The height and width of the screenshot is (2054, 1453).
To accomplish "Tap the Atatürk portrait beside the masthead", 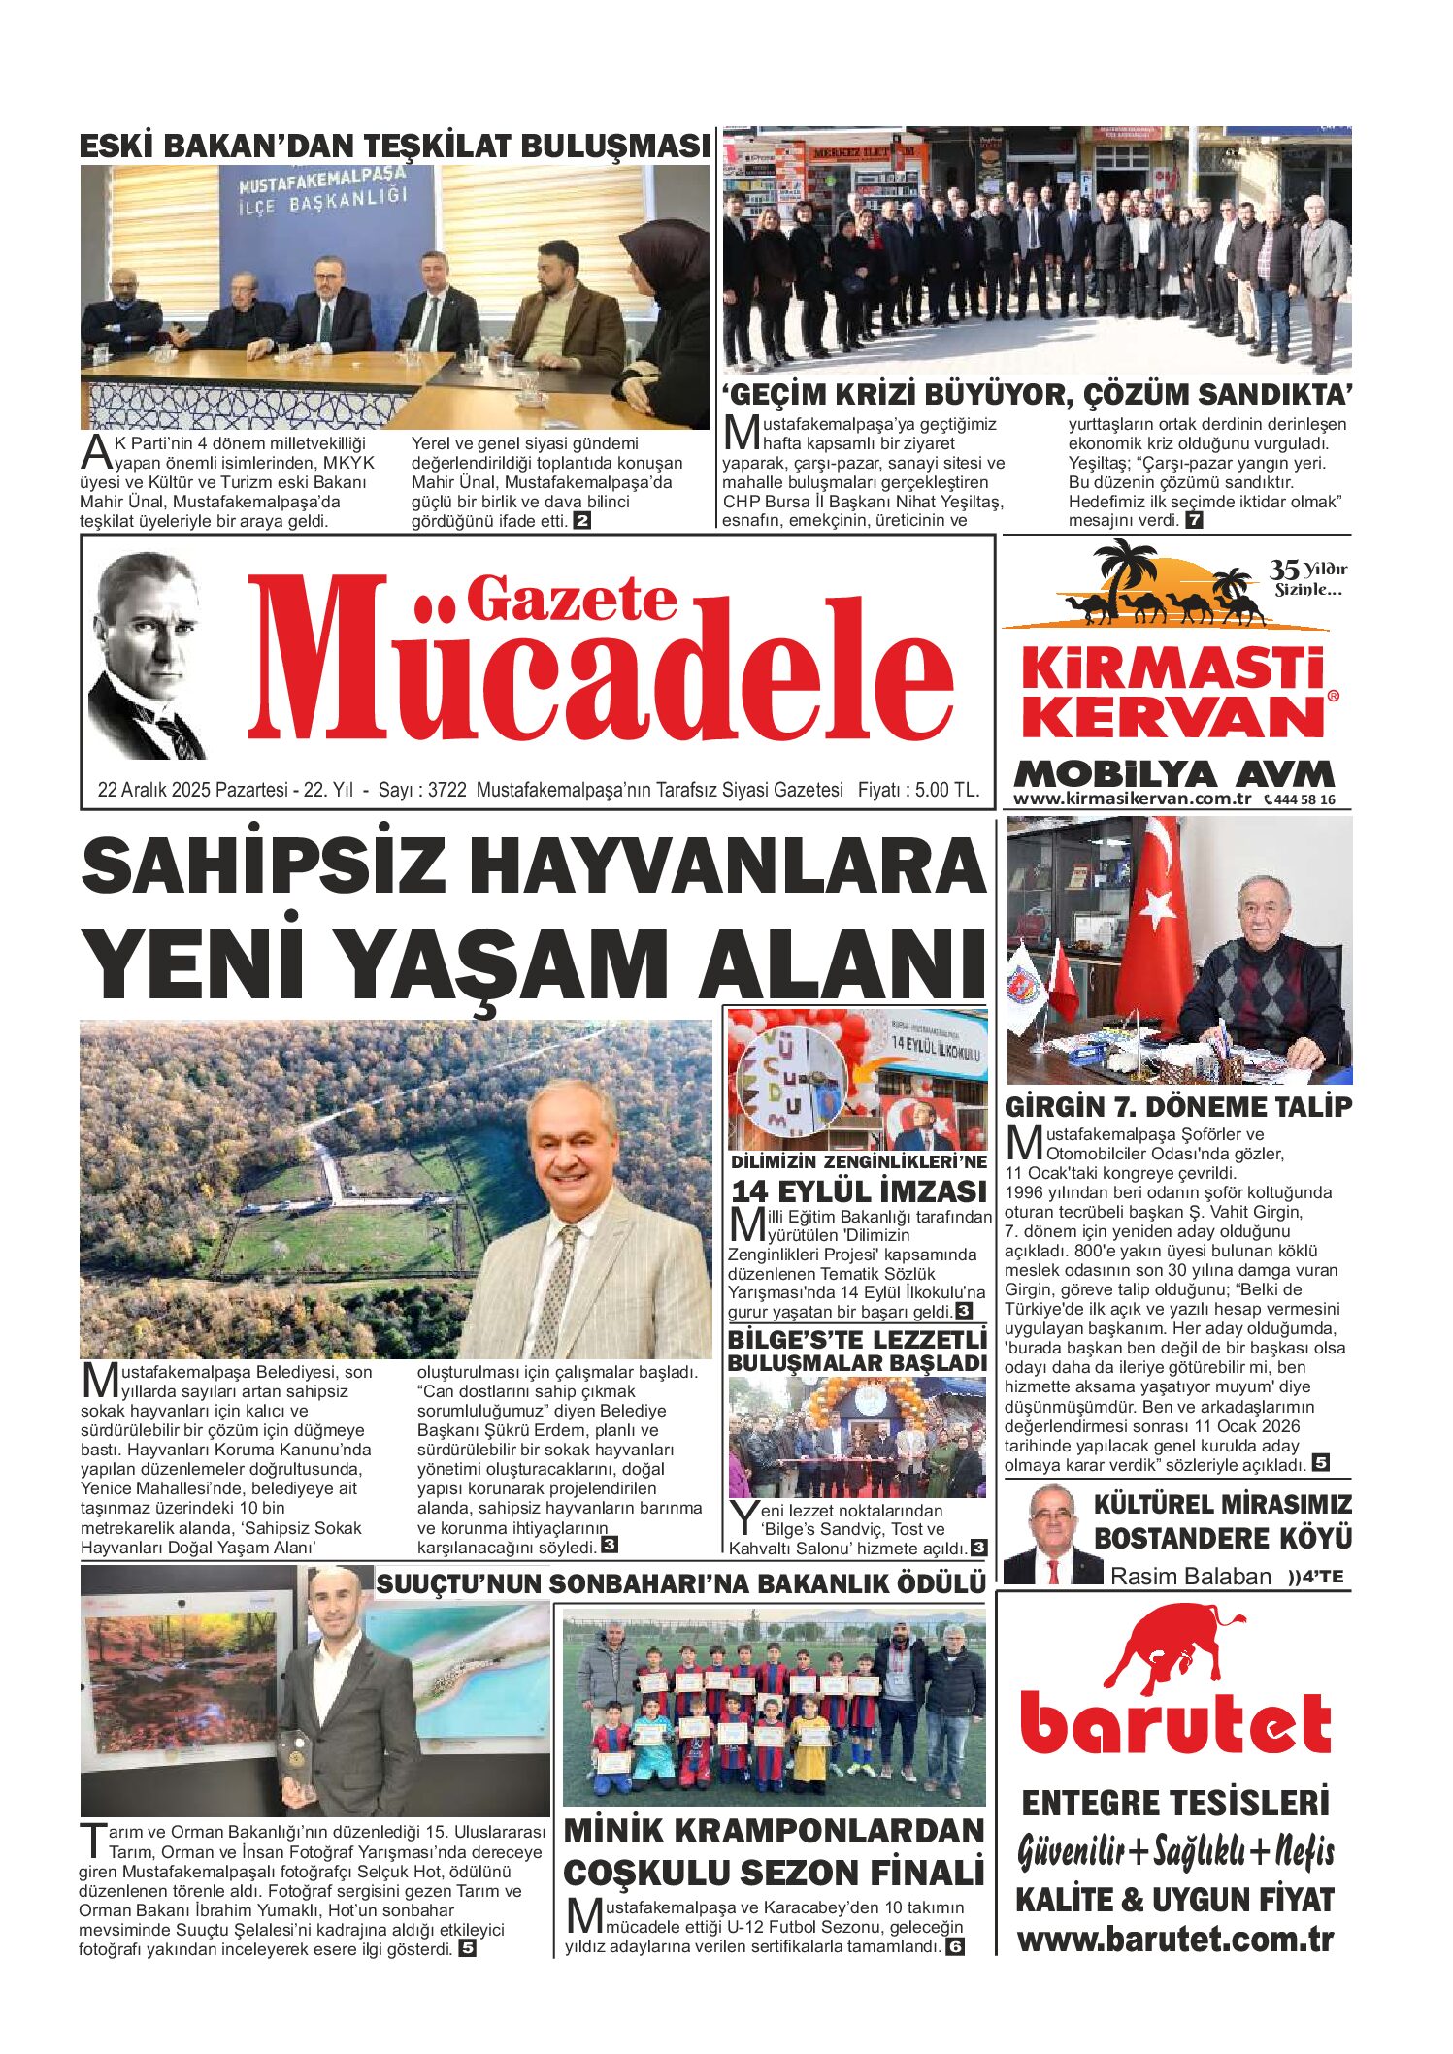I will tap(147, 657).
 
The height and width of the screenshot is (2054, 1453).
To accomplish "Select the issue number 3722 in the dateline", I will tap(447, 790).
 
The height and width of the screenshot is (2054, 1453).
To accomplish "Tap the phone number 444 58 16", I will tap(1304, 800).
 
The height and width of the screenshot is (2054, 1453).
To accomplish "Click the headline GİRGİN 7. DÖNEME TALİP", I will tap(1177, 1107).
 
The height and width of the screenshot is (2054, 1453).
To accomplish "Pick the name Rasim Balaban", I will tap(1190, 1577).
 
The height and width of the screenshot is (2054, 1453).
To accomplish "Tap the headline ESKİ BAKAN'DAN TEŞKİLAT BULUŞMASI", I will tap(394, 147).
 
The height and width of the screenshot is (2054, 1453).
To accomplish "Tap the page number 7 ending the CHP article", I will tap(1194, 520).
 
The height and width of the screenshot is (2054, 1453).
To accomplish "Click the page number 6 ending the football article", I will tap(955, 1947).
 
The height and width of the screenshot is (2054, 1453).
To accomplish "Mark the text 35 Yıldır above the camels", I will tap(1308, 570).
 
